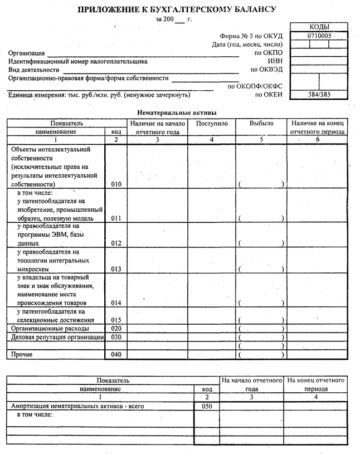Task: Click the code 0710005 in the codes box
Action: coord(318,35)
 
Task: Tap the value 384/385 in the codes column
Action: coord(318,95)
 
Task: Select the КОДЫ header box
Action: coord(318,27)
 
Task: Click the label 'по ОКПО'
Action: coord(270,53)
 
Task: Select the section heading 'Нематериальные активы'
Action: coord(177,112)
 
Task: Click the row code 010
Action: coord(116,183)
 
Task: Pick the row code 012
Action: coord(116,243)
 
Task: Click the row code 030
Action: coord(116,337)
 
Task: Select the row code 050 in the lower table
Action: coord(206,407)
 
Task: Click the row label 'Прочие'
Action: coord(22,354)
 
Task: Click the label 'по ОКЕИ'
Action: coord(269,95)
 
